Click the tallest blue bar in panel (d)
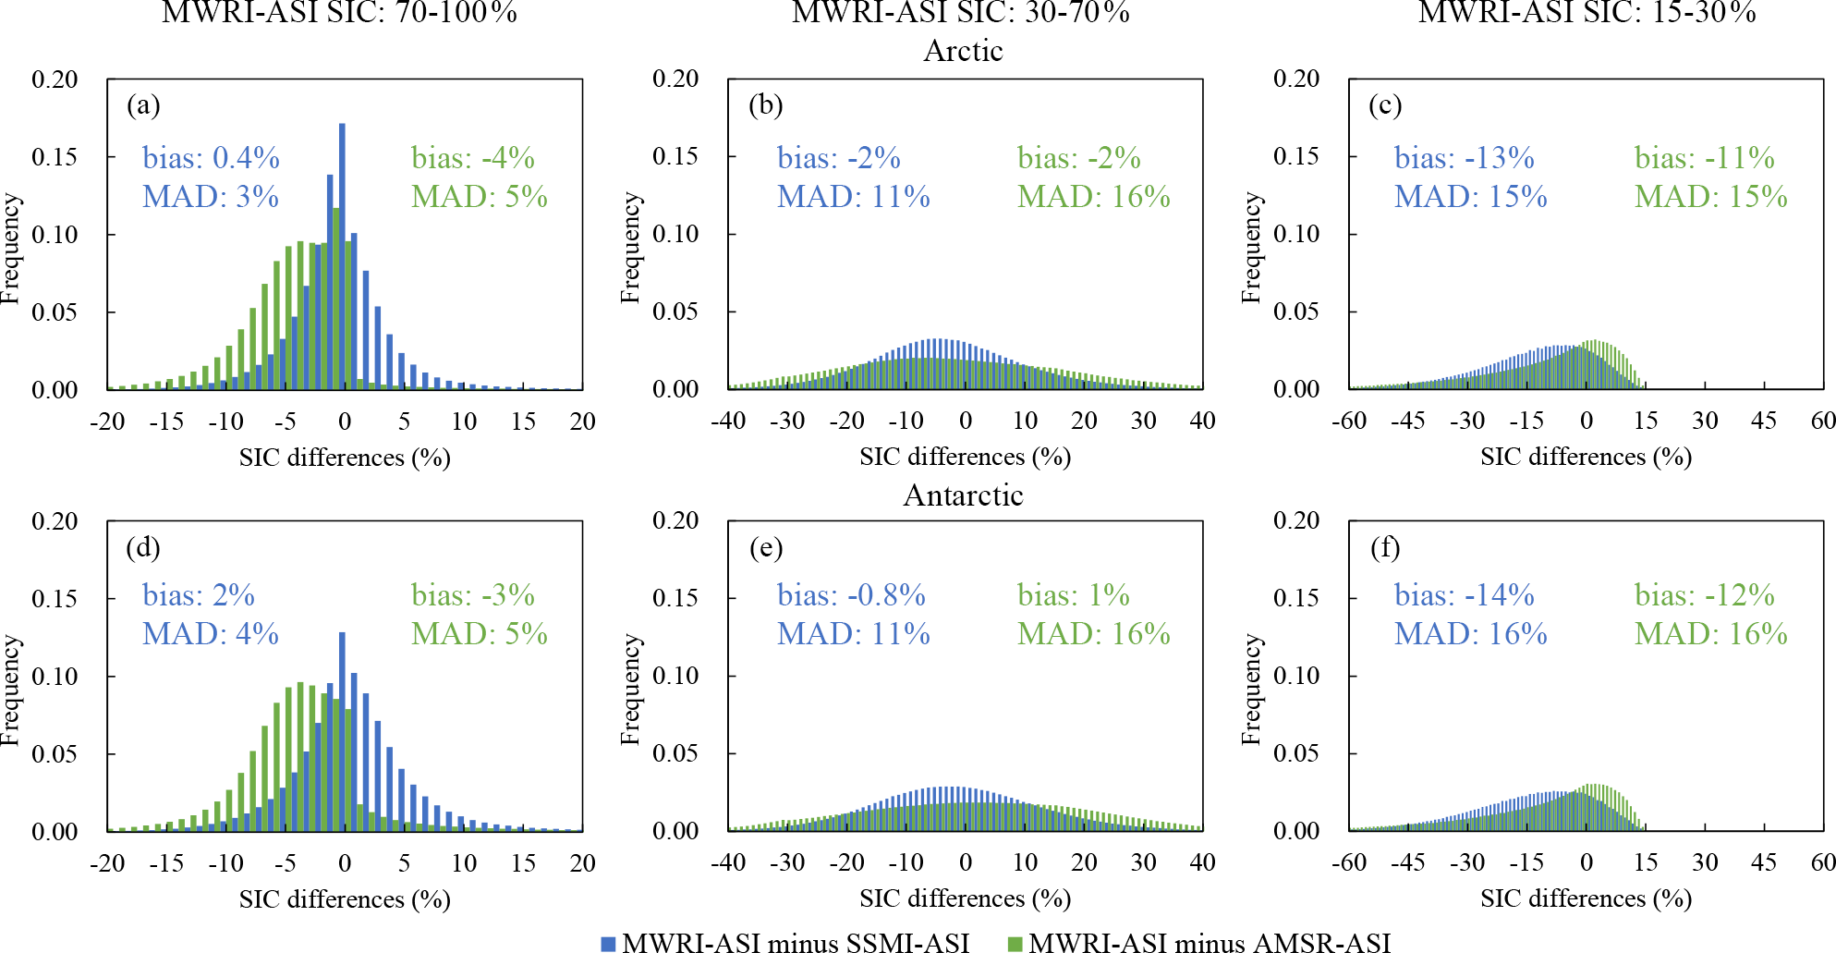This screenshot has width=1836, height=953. click(342, 730)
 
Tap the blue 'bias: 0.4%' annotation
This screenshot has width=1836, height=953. click(211, 158)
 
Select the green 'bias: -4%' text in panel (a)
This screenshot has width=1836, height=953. click(473, 158)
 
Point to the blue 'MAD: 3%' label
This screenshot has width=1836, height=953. click(211, 197)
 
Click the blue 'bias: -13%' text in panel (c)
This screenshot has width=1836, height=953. click(1464, 158)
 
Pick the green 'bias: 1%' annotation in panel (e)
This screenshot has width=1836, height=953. click(1074, 595)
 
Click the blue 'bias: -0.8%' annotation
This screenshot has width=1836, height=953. click(851, 595)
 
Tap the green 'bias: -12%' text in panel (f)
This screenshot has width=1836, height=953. click(1704, 595)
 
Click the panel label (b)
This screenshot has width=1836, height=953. click(765, 104)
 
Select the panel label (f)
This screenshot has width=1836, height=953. click(1385, 547)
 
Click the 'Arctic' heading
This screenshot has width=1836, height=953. click(963, 51)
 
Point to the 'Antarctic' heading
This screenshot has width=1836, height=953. click(963, 495)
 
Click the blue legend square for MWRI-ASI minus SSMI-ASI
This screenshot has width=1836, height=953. click(608, 944)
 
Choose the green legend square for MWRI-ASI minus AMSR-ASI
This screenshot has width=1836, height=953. click(1015, 944)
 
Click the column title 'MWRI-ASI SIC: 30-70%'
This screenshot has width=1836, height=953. click(961, 12)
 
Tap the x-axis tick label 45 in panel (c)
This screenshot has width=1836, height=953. click(1764, 421)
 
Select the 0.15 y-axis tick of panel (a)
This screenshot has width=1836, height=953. click(55, 157)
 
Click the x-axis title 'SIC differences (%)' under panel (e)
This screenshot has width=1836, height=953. click(965, 898)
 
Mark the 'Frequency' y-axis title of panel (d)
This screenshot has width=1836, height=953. click(10, 690)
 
